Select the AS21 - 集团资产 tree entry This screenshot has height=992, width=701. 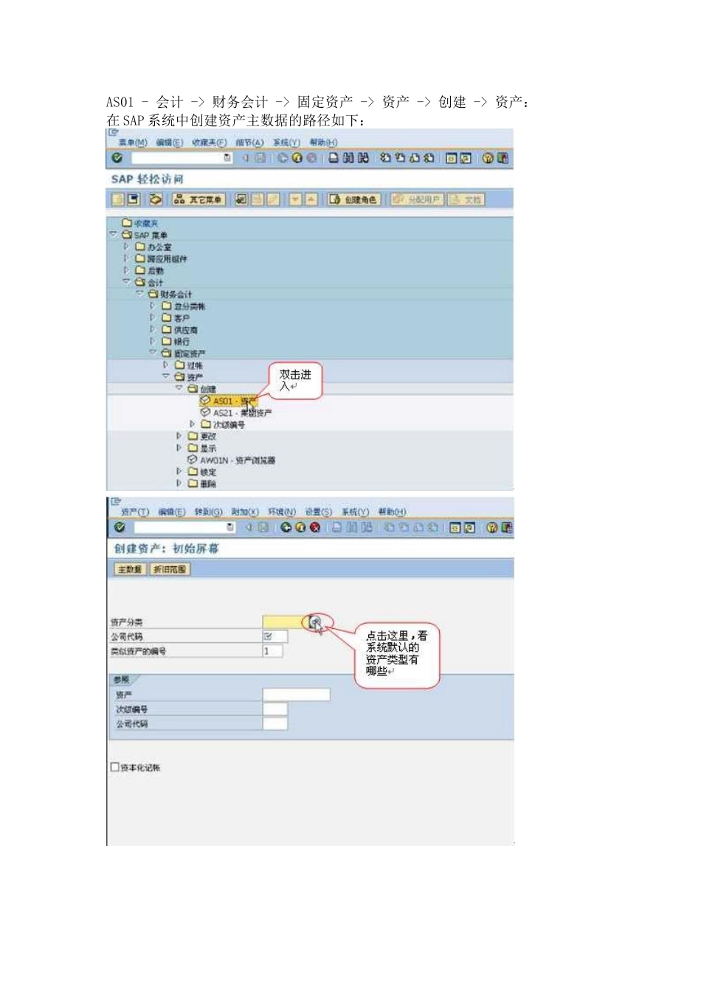coord(242,413)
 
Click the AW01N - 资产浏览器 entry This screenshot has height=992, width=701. coord(237,460)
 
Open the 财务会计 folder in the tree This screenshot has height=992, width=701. coord(176,294)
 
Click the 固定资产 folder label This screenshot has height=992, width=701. coord(190,354)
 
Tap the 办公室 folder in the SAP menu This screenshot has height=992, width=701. coord(159,247)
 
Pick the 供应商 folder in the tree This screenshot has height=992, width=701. coord(185,330)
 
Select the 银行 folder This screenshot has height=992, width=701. coord(182,342)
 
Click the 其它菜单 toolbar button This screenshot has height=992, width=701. coord(198,199)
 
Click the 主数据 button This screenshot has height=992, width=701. coord(130,569)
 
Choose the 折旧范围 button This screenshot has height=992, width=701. coord(170,569)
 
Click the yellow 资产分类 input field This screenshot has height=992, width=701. coord(283,622)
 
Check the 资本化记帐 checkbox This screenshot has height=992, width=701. coord(114,768)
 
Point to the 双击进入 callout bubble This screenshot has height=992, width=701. coord(295,380)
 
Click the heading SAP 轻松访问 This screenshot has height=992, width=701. coord(147,179)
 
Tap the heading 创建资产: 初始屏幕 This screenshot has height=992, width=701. coord(166,548)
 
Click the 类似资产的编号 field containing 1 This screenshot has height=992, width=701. coord(272,651)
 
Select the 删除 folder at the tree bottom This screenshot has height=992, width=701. coord(207,483)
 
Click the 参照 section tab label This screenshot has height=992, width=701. coord(122,679)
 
